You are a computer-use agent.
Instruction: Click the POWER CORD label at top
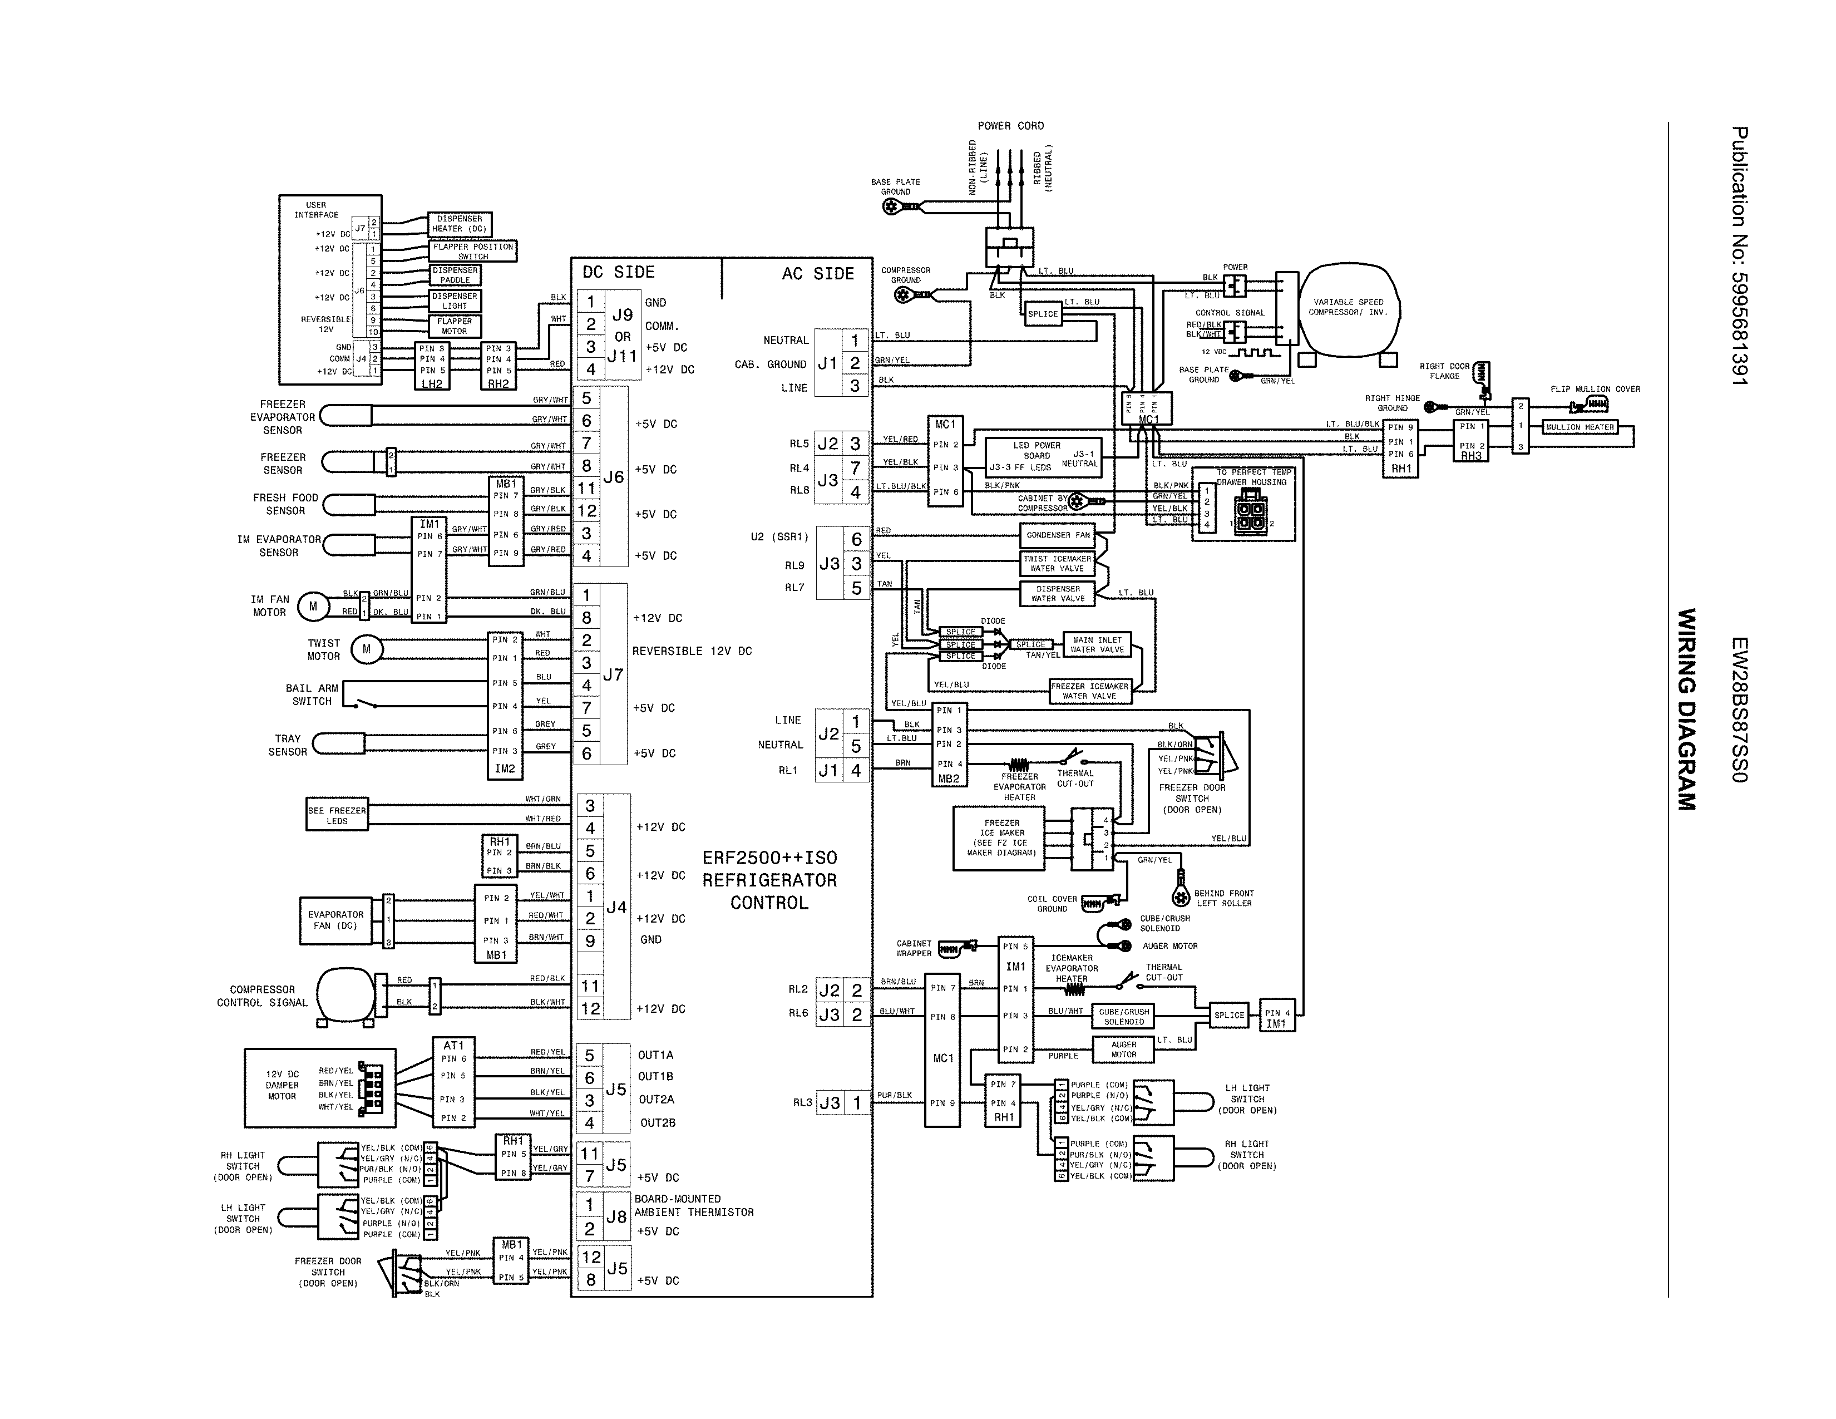pos(1010,126)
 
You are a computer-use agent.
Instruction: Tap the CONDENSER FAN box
pos(1058,535)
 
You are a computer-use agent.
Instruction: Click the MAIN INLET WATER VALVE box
pos(1097,645)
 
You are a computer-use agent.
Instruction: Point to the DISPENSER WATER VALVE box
pos(1058,594)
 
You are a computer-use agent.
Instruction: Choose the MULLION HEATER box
pos(1580,427)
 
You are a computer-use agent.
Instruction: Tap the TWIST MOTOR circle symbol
pos(367,649)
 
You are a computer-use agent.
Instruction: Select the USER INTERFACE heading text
pos(316,209)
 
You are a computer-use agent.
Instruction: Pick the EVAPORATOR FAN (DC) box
pos(335,920)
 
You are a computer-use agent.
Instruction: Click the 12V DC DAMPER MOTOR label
pos(282,1085)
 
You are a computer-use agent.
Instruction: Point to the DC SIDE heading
pos(618,272)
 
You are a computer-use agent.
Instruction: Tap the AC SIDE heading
pos(817,274)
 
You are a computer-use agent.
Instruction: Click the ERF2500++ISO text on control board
pos(769,858)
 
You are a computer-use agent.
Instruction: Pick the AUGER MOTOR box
pos(1123,1049)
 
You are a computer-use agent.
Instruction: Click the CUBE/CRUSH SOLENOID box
pos(1123,1016)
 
